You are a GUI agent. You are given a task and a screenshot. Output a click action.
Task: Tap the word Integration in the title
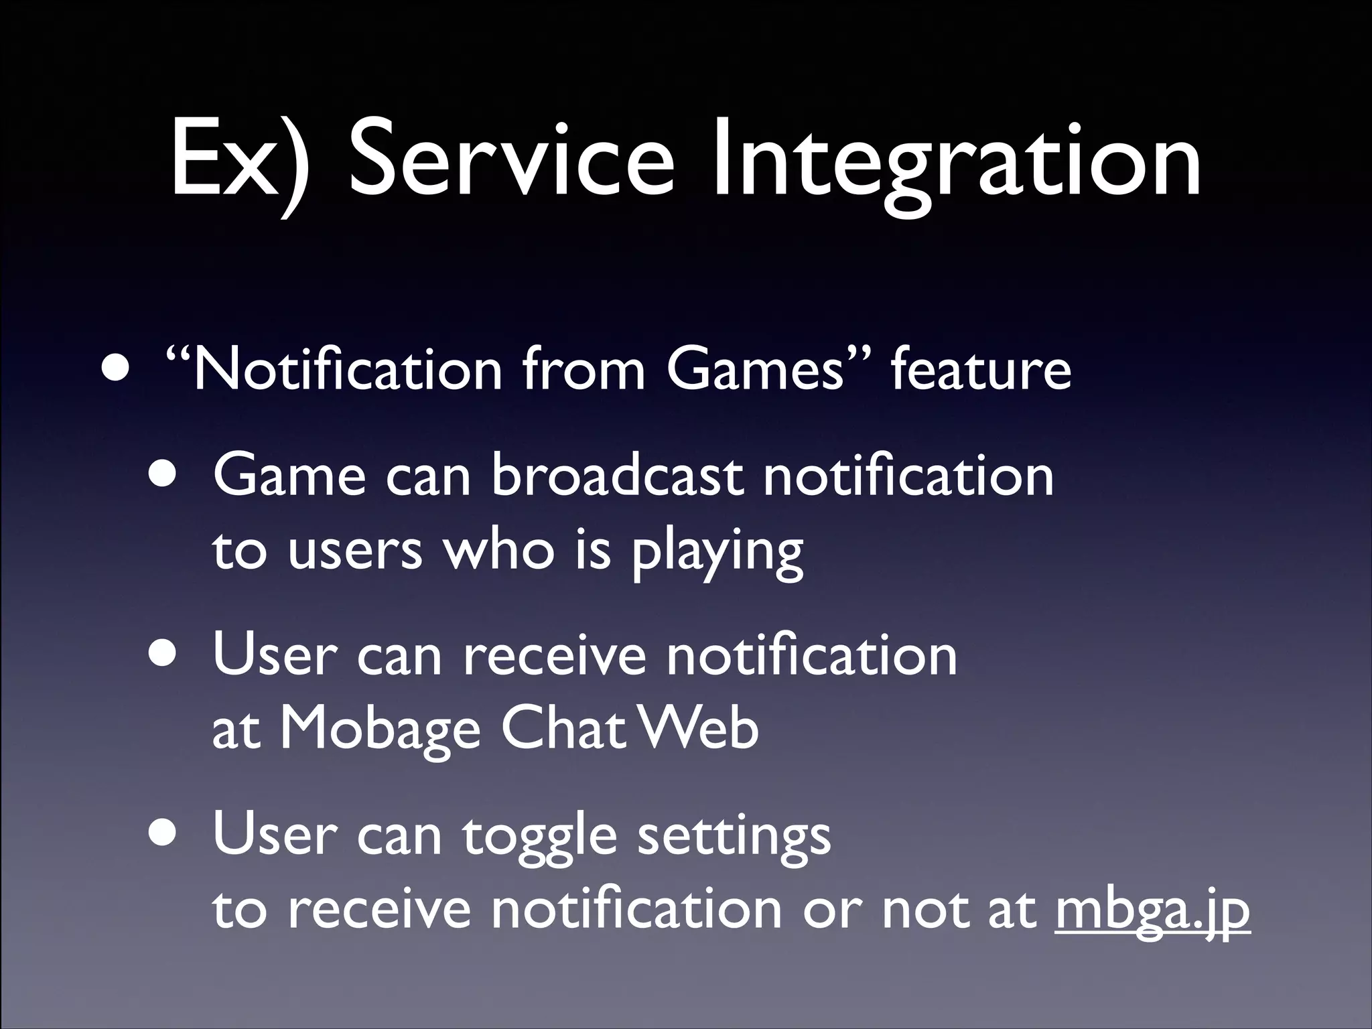coord(955,164)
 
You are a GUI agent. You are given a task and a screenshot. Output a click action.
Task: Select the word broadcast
coord(616,476)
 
